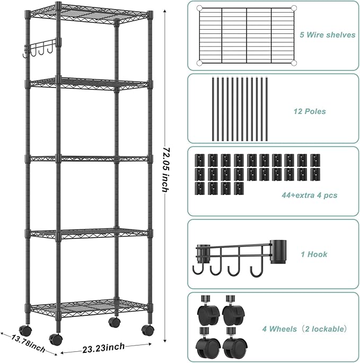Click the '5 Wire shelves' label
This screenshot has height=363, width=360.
point(327,36)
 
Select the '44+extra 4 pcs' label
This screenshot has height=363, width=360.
point(310,196)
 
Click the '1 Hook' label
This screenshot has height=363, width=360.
point(314,254)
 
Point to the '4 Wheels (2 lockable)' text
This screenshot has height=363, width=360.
point(305,329)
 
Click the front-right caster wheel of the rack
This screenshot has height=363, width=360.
point(147,329)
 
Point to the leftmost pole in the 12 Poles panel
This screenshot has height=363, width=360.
point(212,109)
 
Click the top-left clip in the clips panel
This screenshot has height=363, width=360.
point(199,160)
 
